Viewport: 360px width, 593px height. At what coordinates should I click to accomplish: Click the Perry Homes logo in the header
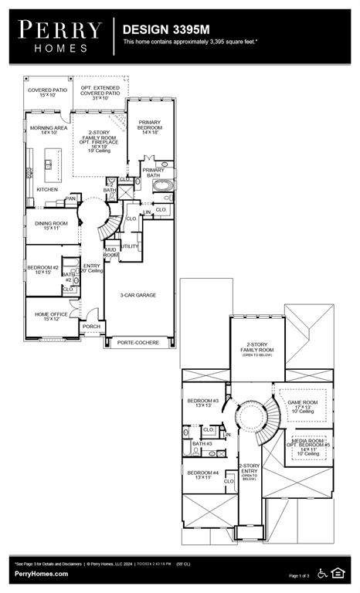click(x=60, y=36)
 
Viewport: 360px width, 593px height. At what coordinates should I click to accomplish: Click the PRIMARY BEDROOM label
click(x=150, y=127)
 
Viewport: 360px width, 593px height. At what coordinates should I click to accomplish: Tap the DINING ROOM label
click(x=52, y=225)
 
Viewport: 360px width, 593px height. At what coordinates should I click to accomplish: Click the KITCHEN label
click(x=48, y=189)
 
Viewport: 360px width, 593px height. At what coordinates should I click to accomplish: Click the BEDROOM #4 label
click(x=202, y=474)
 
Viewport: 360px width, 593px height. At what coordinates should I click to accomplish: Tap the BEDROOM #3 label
click(x=203, y=402)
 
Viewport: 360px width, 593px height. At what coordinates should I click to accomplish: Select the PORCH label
click(x=91, y=327)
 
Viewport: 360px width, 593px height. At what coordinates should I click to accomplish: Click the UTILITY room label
click(x=130, y=246)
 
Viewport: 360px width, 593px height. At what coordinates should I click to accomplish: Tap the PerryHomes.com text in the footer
click(x=41, y=574)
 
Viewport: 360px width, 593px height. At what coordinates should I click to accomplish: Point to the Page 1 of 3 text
click(x=298, y=576)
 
